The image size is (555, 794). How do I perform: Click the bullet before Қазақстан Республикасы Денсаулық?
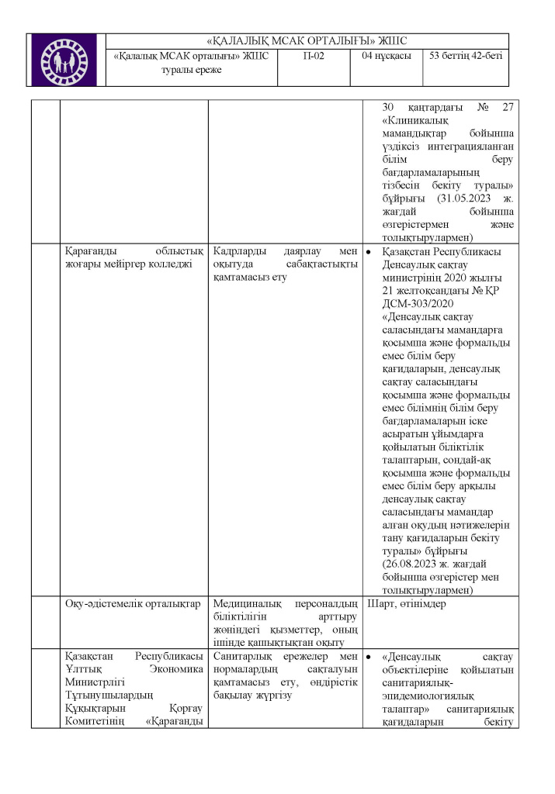369,253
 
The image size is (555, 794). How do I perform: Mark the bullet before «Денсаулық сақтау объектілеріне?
369,658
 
